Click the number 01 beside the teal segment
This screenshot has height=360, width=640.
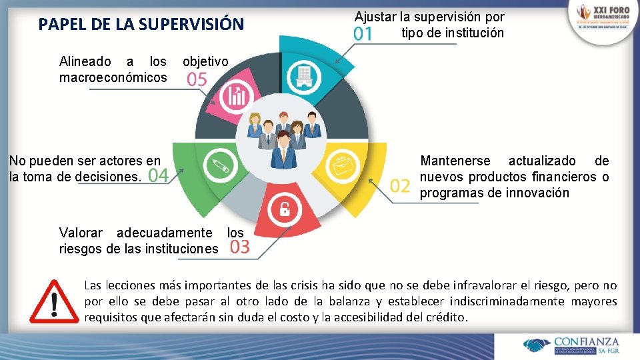tap(363, 33)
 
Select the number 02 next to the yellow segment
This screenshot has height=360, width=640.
tap(400, 185)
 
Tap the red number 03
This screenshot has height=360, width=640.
tap(239, 247)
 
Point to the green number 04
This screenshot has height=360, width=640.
tap(158, 176)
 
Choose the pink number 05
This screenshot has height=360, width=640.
tap(197, 80)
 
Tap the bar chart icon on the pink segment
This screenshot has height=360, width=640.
tap(237, 97)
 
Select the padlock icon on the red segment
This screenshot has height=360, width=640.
tap(284, 209)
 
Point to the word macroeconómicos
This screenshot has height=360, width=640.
tap(113, 78)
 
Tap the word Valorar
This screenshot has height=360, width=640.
tap(81, 233)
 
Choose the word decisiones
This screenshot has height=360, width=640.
tap(107, 177)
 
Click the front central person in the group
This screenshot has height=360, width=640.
tap(284, 148)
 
